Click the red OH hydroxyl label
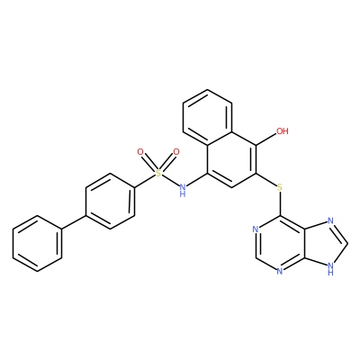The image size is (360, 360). coord(283,131)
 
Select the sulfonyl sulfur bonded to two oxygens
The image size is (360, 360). coord(158,173)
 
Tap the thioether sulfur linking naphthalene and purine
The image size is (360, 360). coord(280,188)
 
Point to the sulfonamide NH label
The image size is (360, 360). coord(183,191)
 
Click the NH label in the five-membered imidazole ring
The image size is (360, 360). coord(330,269)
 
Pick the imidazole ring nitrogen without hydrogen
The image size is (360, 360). coord(330,221)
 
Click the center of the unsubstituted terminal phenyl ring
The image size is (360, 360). coord(37,244)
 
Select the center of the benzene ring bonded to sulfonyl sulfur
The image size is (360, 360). coord(110,202)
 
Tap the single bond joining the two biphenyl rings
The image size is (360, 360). coord(74,222)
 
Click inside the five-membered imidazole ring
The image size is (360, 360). coord(324,244)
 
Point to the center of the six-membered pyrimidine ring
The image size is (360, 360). coord(280,244)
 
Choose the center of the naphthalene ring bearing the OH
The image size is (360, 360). coord(231,159)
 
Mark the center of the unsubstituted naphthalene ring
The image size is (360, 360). coord(208,117)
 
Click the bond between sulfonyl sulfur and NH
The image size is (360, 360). coord(170,180)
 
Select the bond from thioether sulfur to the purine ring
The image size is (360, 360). coord(280,204)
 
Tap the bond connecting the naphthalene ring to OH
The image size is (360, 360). coord(266,140)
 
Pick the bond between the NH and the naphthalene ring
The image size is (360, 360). coord(197,180)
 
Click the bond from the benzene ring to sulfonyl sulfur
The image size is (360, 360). coord(145,181)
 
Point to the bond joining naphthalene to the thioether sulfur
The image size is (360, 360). coord(266,180)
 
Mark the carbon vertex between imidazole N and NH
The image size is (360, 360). coord(347,244)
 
